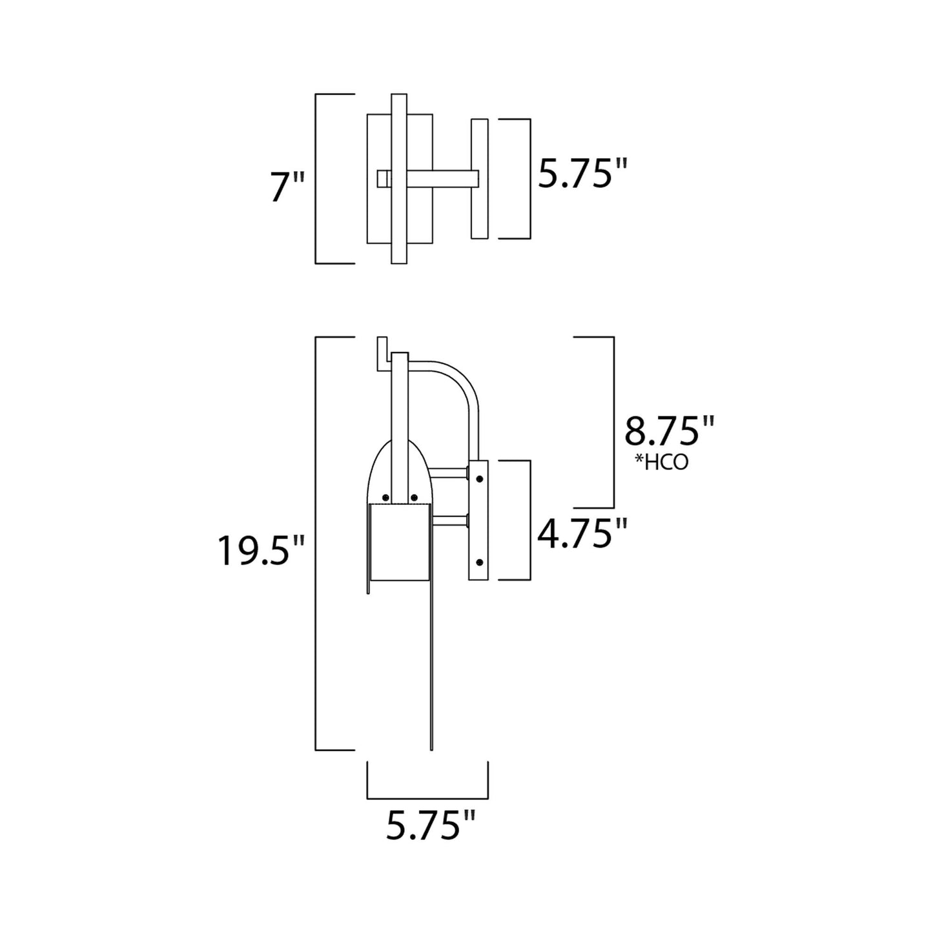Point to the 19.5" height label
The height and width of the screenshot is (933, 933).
click(260, 550)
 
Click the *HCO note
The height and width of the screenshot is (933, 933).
click(661, 462)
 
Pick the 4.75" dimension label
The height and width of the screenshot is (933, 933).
click(582, 533)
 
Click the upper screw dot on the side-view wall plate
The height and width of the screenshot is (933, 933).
click(479, 479)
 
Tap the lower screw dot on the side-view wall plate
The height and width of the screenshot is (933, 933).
click(479, 562)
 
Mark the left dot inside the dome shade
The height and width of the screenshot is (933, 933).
click(386, 497)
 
